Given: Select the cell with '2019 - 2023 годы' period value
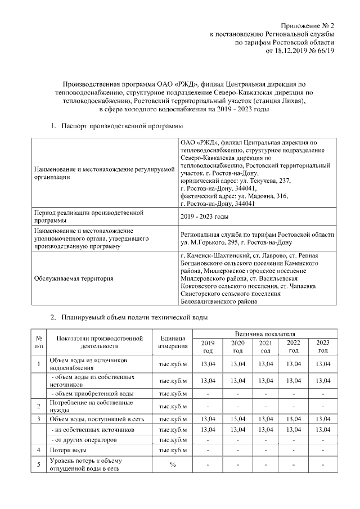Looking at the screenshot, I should (x=204, y=217).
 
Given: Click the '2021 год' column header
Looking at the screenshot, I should (x=265, y=347).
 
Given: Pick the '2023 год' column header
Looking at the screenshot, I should (x=323, y=347).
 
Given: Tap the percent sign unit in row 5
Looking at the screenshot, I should (x=173, y=465).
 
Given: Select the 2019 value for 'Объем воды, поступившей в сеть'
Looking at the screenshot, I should (x=208, y=419).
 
